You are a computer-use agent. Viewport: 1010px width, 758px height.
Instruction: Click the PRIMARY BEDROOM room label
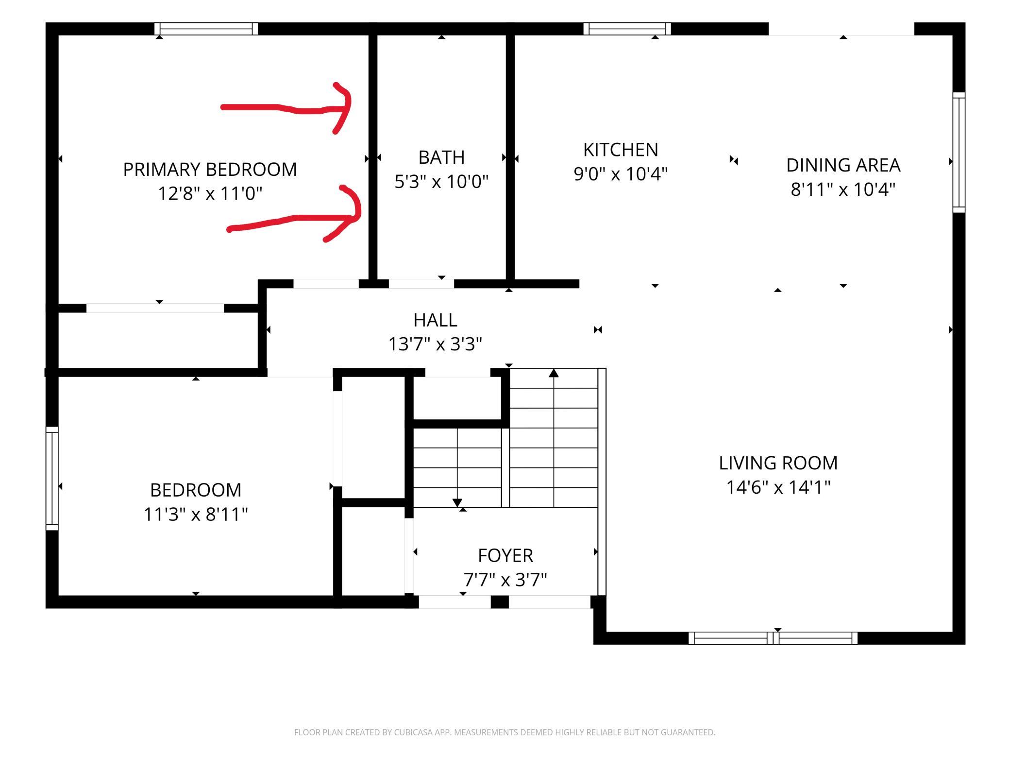tap(210, 170)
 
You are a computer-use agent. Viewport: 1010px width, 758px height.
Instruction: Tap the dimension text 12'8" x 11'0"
tap(210, 193)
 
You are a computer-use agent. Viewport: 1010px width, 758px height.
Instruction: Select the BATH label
tap(441, 157)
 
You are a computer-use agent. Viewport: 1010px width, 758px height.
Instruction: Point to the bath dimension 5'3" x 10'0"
tap(441, 182)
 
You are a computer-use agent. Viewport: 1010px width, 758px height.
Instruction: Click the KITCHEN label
tap(621, 150)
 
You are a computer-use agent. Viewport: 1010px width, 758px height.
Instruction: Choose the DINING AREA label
tap(843, 165)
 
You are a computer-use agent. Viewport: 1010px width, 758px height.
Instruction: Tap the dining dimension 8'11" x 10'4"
tap(843, 189)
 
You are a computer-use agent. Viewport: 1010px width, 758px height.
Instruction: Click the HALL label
tap(435, 320)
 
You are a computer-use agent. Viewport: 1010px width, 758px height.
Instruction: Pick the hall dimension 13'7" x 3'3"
tap(435, 345)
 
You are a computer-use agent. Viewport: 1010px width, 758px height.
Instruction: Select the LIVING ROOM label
tap(778, 463)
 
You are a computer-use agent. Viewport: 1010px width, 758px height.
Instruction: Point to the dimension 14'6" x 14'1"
tap(778, 487)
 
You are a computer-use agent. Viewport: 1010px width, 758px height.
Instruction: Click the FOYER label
tap(505, 555)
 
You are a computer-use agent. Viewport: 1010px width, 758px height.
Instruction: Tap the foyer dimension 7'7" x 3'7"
tap(505, 580)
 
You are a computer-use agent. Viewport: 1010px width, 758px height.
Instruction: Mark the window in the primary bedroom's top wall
tap(206, 29)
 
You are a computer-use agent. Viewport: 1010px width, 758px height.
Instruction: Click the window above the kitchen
tap(627, 29)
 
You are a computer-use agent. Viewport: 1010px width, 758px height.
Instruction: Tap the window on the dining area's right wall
tap(959, 152)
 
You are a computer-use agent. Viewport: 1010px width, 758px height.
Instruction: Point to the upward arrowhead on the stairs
tap(554, 373)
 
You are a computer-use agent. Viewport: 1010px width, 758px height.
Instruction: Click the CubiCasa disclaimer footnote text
tap(505, 732)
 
